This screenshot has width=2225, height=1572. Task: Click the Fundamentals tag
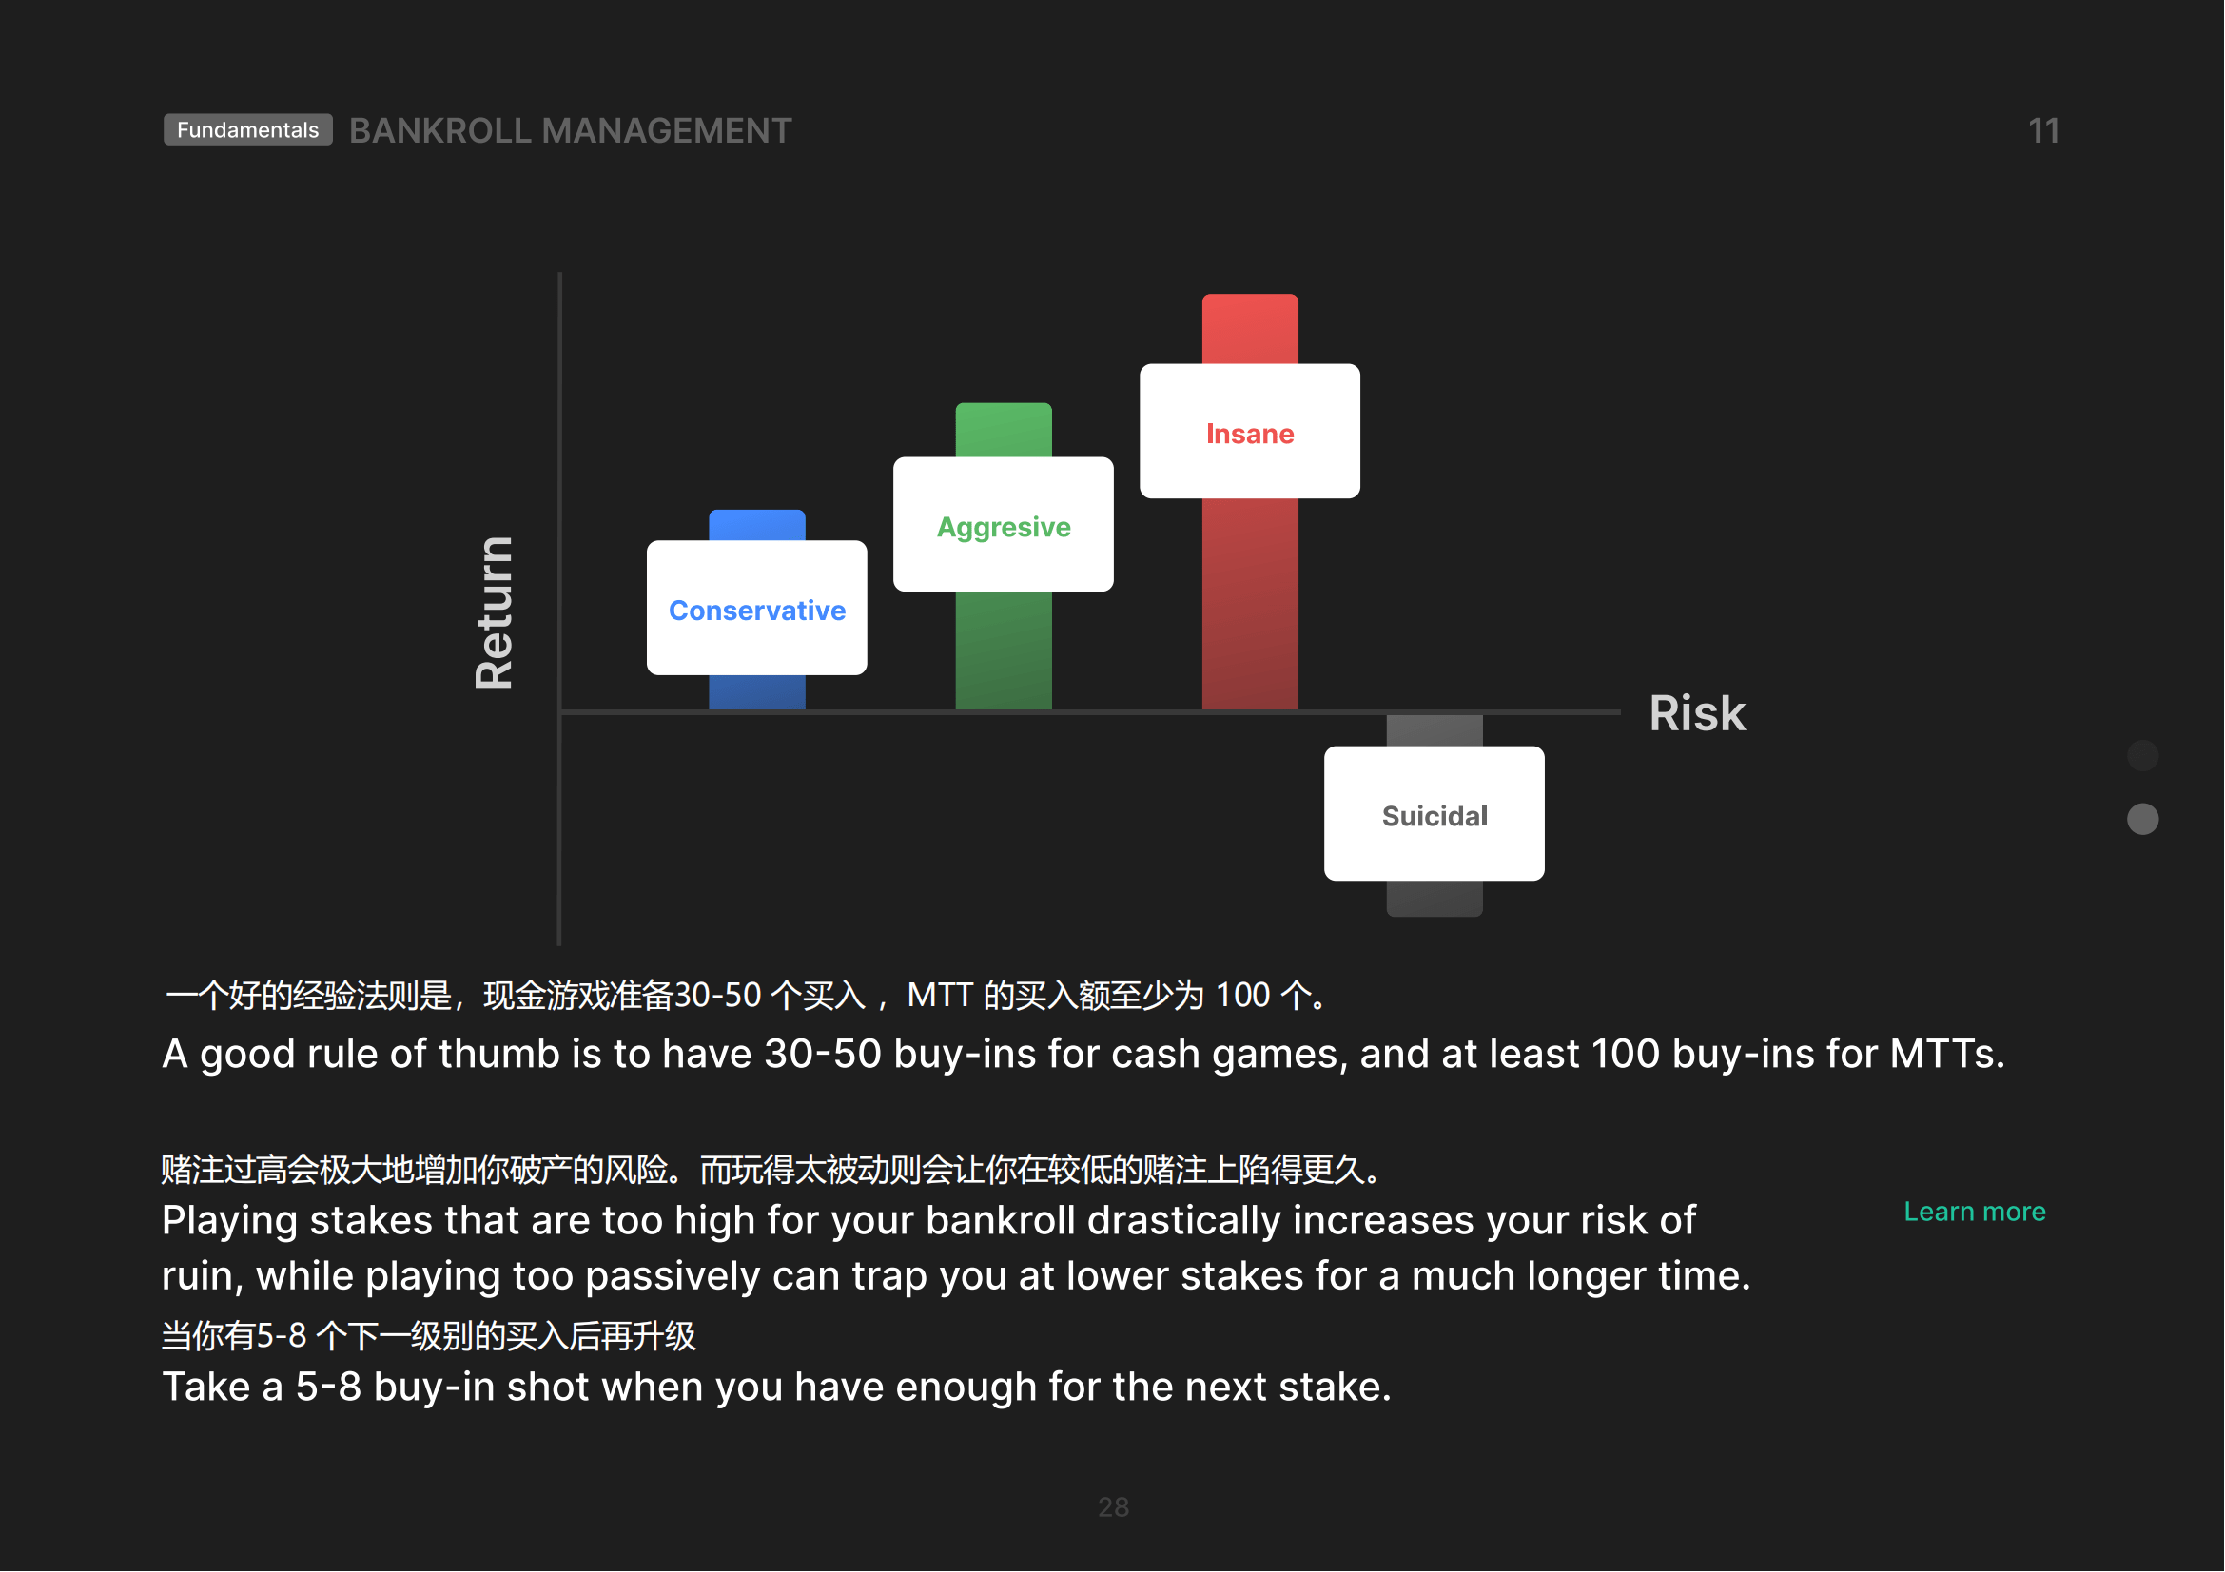click(248, 129)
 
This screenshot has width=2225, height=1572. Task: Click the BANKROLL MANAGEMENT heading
click(571, 130)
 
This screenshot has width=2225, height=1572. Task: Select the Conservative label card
click(757, 609)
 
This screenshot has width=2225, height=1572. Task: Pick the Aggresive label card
click(1003, 525)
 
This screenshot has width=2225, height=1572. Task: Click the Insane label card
click(1250, 432)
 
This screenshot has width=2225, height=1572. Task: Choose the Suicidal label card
click(1435, 815)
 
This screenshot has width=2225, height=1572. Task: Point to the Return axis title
click(495, 613)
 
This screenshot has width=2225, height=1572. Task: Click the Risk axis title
click(1698, 714)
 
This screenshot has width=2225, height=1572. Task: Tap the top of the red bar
click(1250, 297)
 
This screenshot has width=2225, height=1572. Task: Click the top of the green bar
click(1003, 405)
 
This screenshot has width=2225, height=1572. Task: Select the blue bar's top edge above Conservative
click(757, 513)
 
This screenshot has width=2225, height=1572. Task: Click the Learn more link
click(1975, 1212)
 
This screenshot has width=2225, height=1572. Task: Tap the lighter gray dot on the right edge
click(2142, 820)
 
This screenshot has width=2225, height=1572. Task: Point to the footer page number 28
click(1114, 1507)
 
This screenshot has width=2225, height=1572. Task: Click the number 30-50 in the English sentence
click(823, 1055)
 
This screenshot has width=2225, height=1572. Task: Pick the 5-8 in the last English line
click(328, 1388)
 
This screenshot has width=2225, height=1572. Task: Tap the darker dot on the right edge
click(2142, 755)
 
